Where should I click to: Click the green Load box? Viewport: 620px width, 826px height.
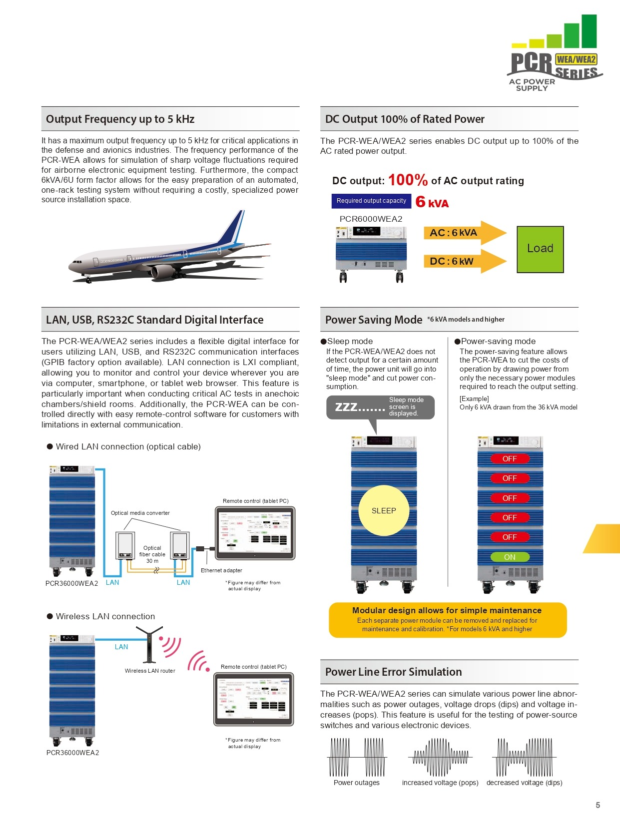coord(540,249)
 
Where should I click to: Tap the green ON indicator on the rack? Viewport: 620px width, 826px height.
coord(510,557)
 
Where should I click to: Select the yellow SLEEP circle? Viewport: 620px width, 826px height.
coord(384,510)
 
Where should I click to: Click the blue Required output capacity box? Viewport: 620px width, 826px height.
coord(371,201)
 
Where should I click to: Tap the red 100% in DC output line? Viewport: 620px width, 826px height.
coord(408,180)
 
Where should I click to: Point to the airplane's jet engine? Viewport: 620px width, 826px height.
coord(162,272)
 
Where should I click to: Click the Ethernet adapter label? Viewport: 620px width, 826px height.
coord(221,570)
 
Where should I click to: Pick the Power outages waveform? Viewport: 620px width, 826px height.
coord(357,758)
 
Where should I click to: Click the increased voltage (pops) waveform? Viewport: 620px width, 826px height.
coord(440,758)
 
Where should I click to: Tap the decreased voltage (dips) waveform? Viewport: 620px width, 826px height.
coord(524,758)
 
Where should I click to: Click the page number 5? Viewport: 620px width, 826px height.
coord(598,805)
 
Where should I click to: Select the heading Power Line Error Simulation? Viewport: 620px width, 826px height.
coord(393,672)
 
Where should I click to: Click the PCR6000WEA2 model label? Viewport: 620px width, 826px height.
coord(371,219)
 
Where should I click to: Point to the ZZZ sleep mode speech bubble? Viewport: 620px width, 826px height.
coord(380,407)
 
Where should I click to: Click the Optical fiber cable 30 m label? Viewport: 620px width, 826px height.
coord(152,554)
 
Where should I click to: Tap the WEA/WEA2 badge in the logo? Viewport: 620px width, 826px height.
coord(576,59)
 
